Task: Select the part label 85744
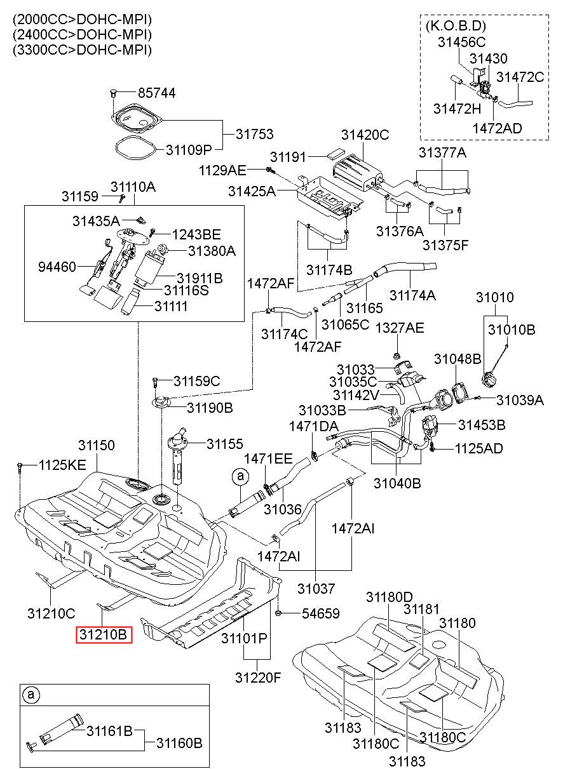[157, 93]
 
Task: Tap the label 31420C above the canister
[365, 135]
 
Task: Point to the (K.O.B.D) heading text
[456, 26]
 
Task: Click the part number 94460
[57, 267]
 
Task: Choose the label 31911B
[200, 278]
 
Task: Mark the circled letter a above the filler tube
[240, 476]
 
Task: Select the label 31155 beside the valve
[225, 444]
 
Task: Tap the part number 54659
[320, 613]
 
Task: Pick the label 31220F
[258, 678]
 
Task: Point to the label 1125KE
[62, 465]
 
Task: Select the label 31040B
[397, 483]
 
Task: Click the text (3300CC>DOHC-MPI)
[83, 50]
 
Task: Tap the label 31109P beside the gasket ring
[189, 150]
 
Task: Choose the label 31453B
[482, 425]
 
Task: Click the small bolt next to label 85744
[114, 93]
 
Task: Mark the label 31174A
[412, 295]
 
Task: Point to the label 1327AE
[400, 328]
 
